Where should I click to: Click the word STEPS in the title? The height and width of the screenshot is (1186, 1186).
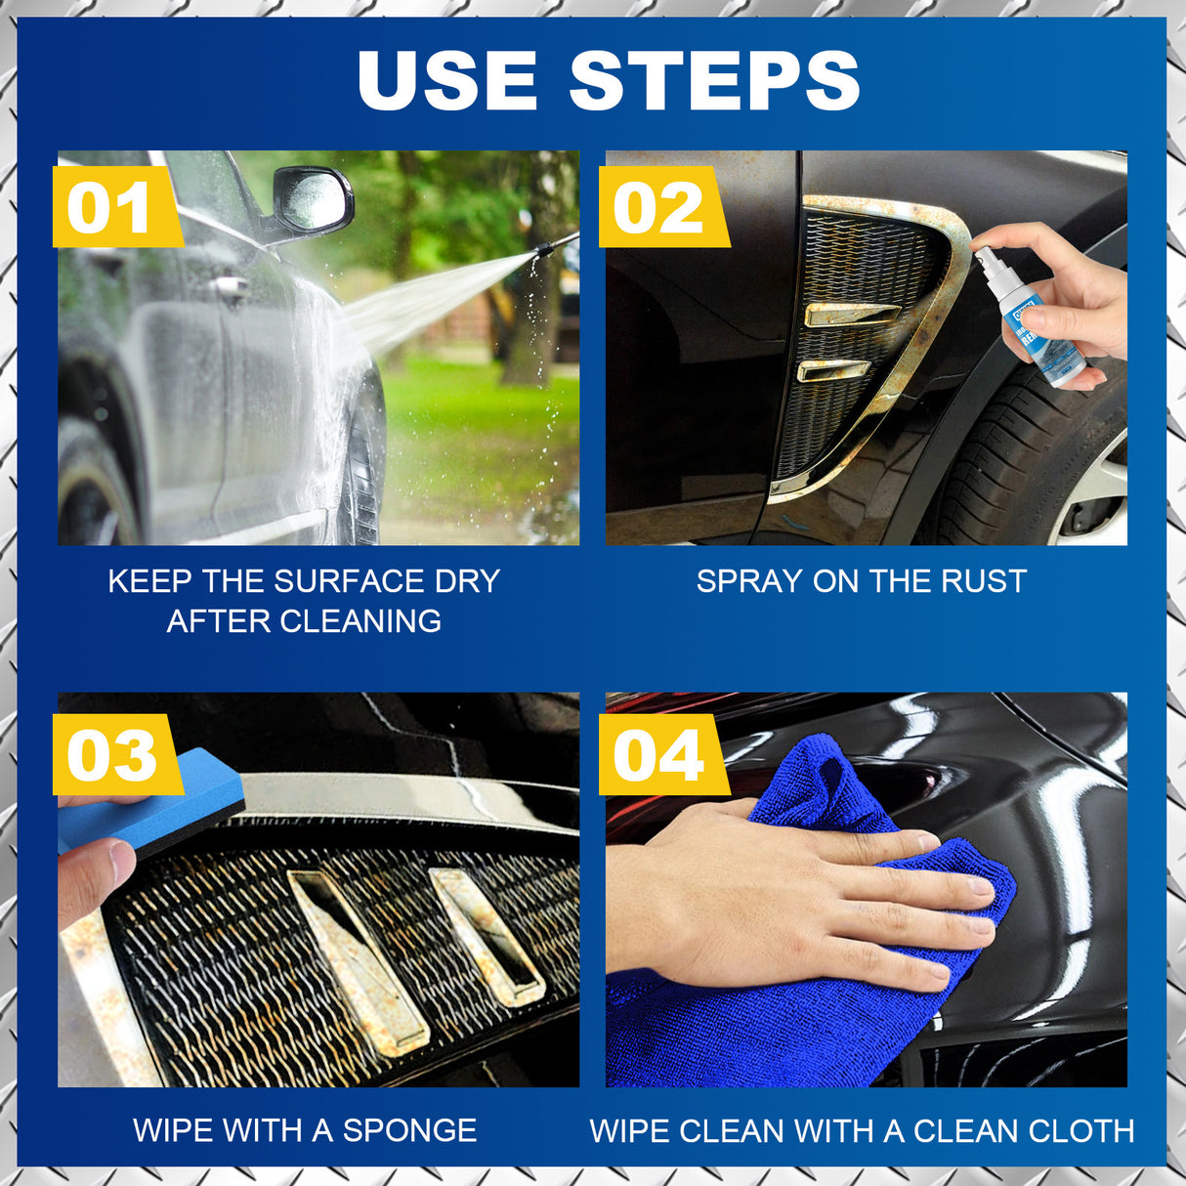[x=714, y=80]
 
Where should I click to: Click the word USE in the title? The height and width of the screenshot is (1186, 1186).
[x=446, y=80]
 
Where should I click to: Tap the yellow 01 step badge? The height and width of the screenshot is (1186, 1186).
[x=109, y=207]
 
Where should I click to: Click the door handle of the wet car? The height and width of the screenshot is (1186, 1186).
[x=233, y=287]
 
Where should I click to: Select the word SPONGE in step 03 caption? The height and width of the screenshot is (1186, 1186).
[x=409, y=1130]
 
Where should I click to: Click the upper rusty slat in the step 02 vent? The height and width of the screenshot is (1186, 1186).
[x=850, y=314]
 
